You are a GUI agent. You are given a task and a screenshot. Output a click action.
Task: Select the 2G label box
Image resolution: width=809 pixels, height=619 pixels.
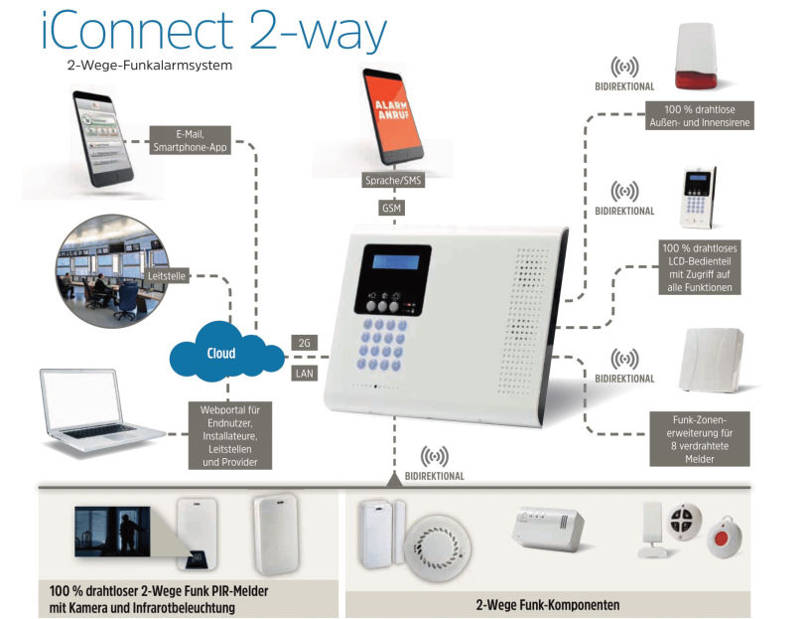coord(304,343)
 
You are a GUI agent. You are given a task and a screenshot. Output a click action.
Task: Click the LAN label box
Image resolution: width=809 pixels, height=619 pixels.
coord(304,375)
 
